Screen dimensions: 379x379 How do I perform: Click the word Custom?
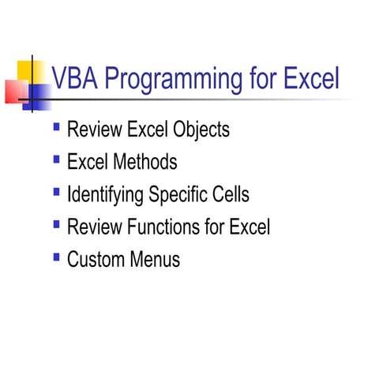(x=93, y=260)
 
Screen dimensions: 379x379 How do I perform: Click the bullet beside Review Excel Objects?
(x=56, y=126)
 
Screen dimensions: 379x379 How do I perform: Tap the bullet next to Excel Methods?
(x=56, y=159)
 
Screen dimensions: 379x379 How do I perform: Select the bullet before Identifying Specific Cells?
(x=56, y=192)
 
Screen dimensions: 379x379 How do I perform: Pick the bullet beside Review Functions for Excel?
(x=56, y=224)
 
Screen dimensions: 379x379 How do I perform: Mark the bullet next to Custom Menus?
(x=56, y=257)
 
